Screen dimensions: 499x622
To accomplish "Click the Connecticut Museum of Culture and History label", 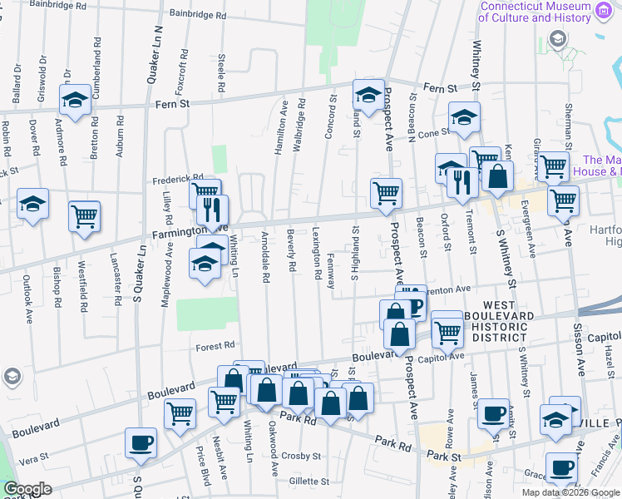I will [536, 12].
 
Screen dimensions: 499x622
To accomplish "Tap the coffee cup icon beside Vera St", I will [141, 442].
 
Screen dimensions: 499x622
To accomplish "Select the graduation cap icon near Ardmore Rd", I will [76, 100].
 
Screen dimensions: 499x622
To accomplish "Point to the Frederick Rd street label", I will [177, 178].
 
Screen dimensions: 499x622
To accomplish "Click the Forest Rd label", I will [216, 344].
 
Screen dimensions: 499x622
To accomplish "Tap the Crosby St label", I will [299, 456].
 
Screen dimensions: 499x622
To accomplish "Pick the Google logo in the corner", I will [27, 489].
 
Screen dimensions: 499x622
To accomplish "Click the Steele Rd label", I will [221, 74].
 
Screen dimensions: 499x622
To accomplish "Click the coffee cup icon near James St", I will [494, 413].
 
